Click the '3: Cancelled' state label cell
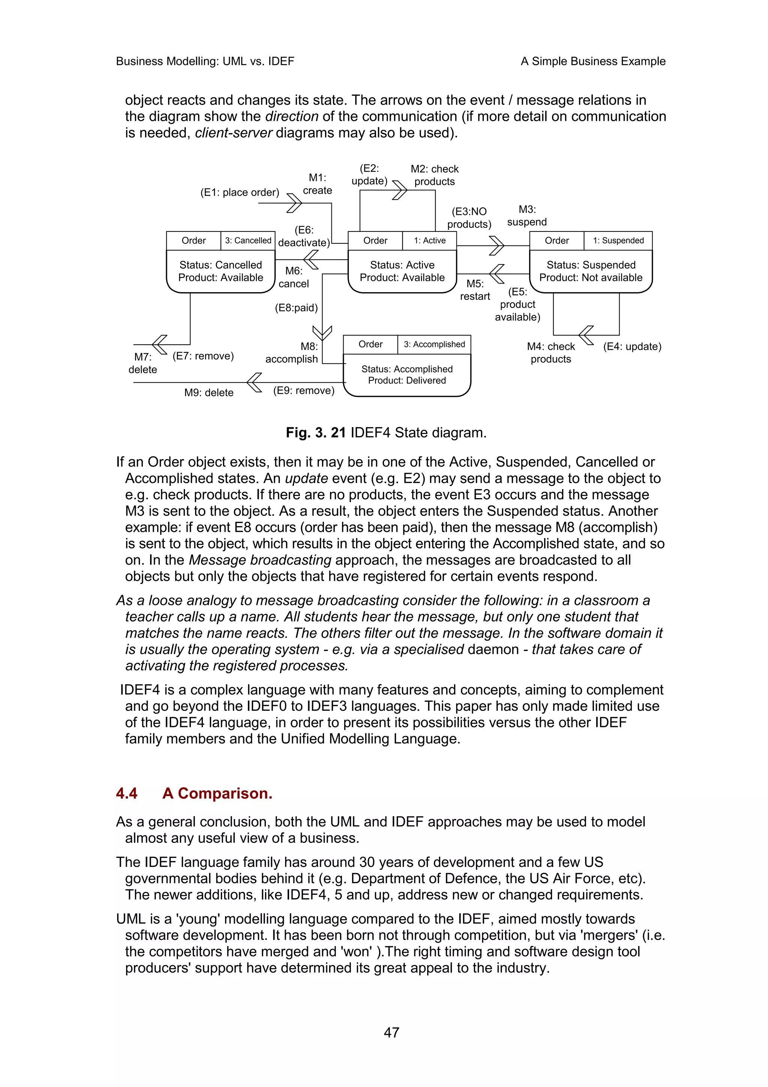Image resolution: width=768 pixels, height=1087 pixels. (x=248, y=240)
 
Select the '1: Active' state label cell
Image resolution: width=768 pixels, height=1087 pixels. (x=429, y=240)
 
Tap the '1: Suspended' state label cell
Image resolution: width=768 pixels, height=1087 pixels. (x=618, y=240)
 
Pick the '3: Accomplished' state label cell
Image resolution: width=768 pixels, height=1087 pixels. (x=434, y=344)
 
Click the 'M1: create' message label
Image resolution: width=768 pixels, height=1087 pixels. (x=318, y=184)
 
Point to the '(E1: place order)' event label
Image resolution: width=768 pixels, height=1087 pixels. (x=240, y=192)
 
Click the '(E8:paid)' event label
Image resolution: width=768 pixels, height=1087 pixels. (x=296, y=308)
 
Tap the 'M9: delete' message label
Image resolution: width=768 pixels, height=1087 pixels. (x=208, y=392)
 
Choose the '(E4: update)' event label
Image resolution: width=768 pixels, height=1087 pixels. (x=632, y=346)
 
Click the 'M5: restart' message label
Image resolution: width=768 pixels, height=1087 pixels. (x=475, y=290)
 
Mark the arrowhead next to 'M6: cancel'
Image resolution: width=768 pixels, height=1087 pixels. (x=310, y=260)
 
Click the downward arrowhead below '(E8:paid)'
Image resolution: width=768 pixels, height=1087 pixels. (x=322, y=333)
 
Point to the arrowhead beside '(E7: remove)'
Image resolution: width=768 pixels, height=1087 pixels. (x=159, y=344)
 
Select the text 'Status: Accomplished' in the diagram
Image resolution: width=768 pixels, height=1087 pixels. (x=406, y=369)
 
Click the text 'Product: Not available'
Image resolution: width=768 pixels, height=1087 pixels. (x=591, y=278)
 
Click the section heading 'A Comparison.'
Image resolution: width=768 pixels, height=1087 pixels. (x=217, y=793)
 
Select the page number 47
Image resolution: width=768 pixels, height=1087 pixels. (x=391, y=1033)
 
